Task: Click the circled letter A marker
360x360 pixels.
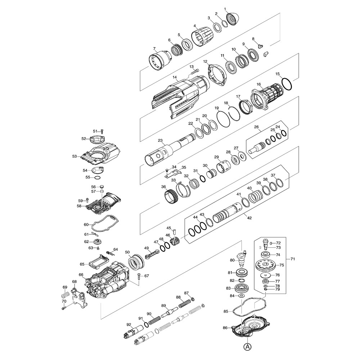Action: click(x=247, y=347)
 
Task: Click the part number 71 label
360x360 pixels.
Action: click(x=293, y=259)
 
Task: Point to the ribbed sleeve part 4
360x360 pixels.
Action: click(x=203, y=37)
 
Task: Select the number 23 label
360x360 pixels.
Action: click(x=160, y=140)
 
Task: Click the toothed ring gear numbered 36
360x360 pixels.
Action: click(x=171, y=197)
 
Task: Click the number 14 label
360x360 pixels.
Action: click(x=175, y=77)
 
